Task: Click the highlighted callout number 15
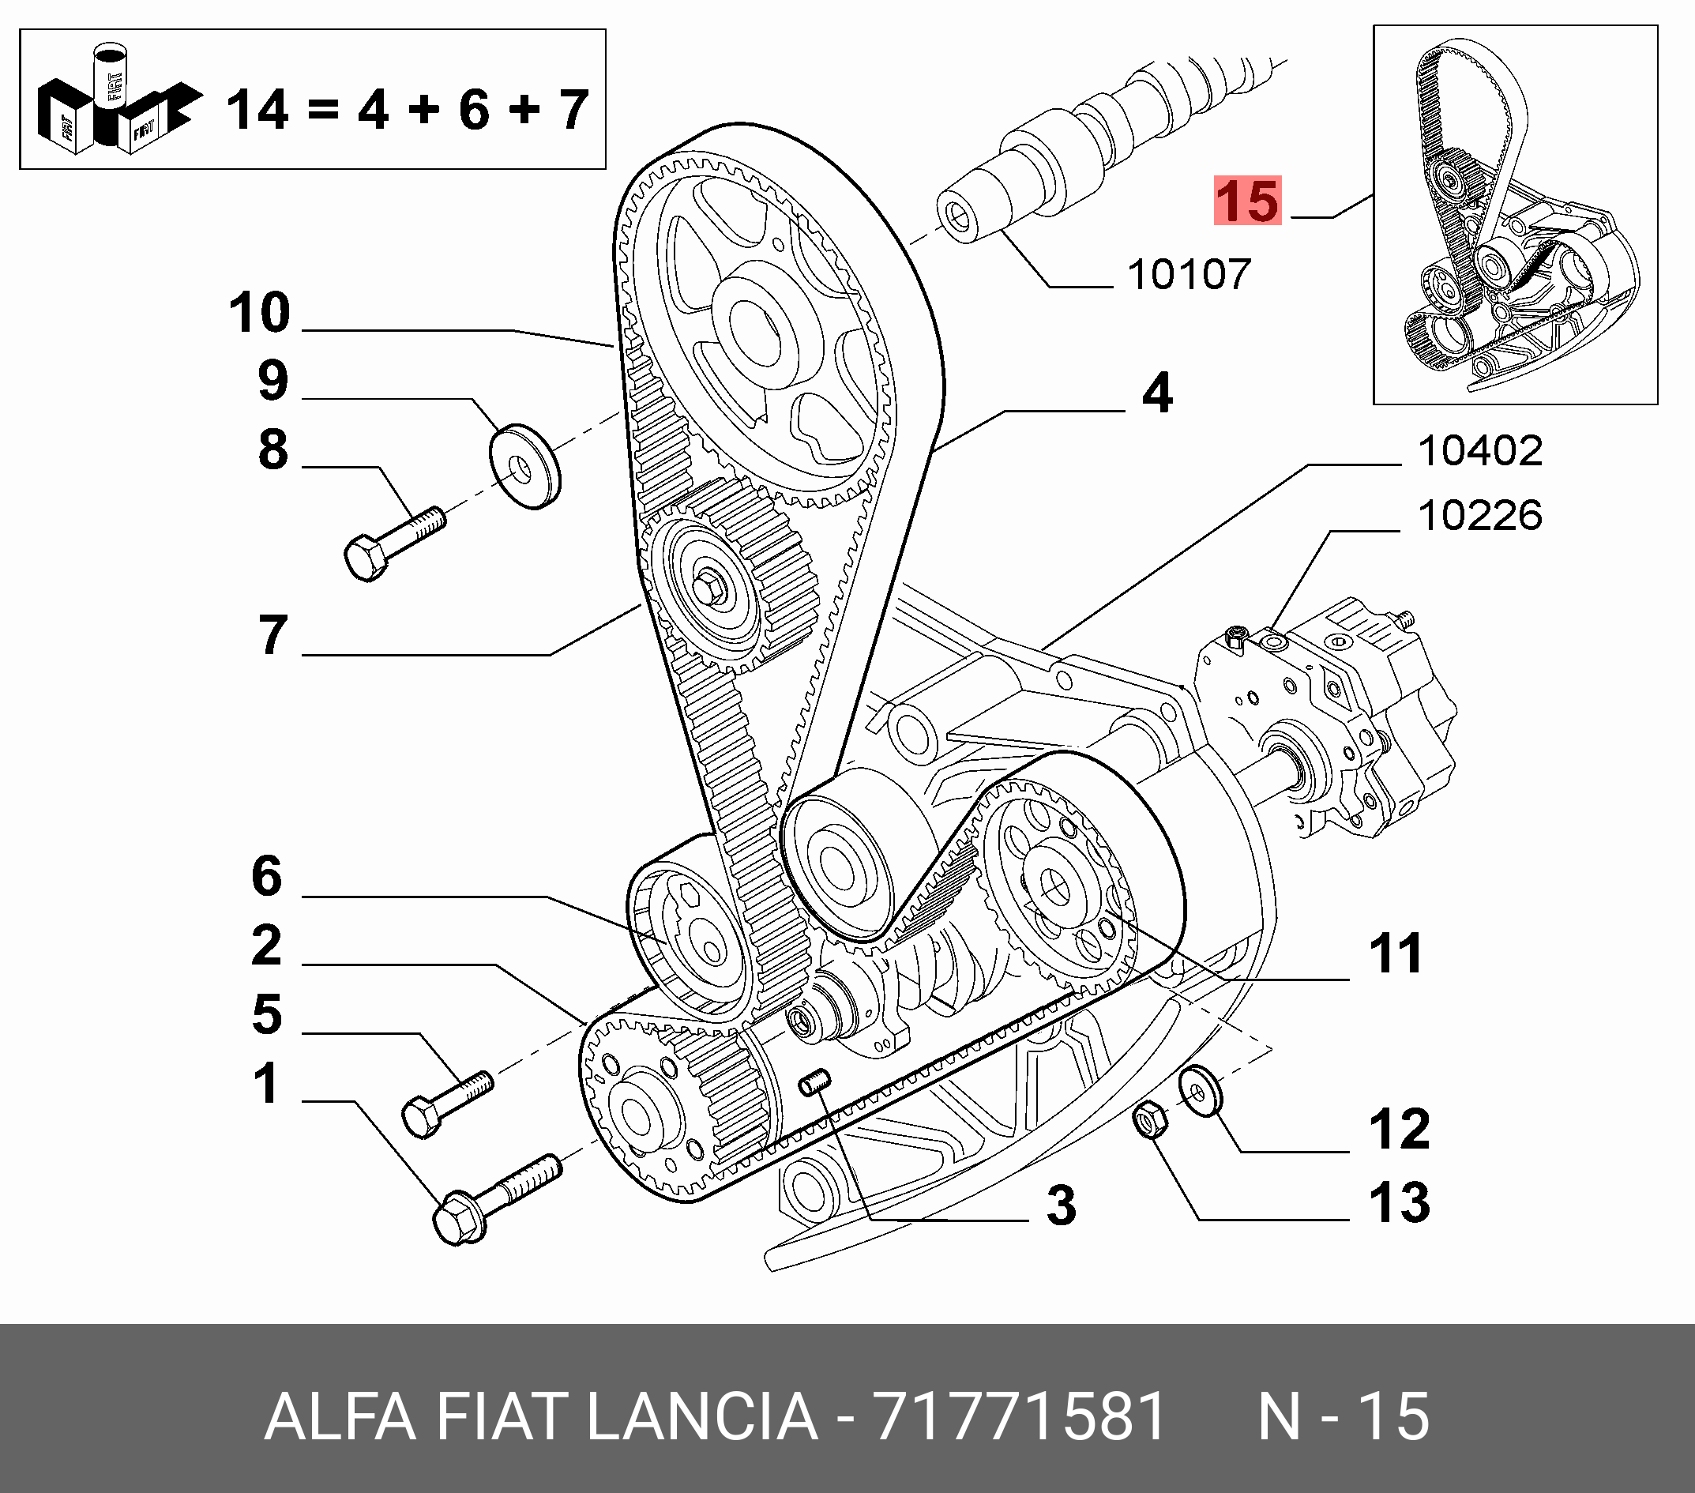click(1247, 201)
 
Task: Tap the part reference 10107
click(1189, 275)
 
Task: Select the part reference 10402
click(1479, 451)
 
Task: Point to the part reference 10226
click(1479, 516)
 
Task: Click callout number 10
click(260, 314)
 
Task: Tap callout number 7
click(272, 636)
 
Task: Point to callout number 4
click(1157, 393)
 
